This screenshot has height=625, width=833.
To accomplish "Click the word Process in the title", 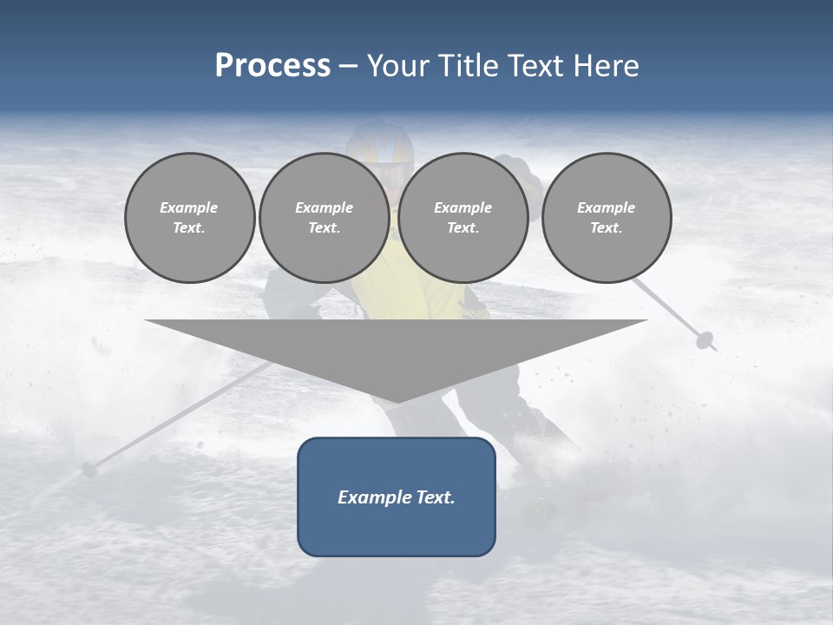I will click(x=272, y=66).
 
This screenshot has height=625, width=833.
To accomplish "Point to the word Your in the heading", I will click(x=397, y=66).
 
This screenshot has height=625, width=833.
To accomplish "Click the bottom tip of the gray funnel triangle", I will click(x=397, y=400).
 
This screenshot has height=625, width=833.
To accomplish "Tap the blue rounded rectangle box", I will click(x=397, y=530).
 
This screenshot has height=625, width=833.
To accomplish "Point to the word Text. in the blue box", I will click(x=434, y=497).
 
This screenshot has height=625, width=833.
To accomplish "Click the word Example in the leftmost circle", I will click(x=189, y=207).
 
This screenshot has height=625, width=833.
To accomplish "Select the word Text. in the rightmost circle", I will click(x=607, y=228).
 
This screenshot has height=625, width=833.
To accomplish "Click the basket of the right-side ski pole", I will click(x=705, y=340).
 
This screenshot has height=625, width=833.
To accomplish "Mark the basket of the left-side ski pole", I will click(x=89, y=470).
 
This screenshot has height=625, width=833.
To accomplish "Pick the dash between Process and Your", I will click(x=349, y=66).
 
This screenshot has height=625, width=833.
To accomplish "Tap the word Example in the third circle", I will click(x=463, y=207).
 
